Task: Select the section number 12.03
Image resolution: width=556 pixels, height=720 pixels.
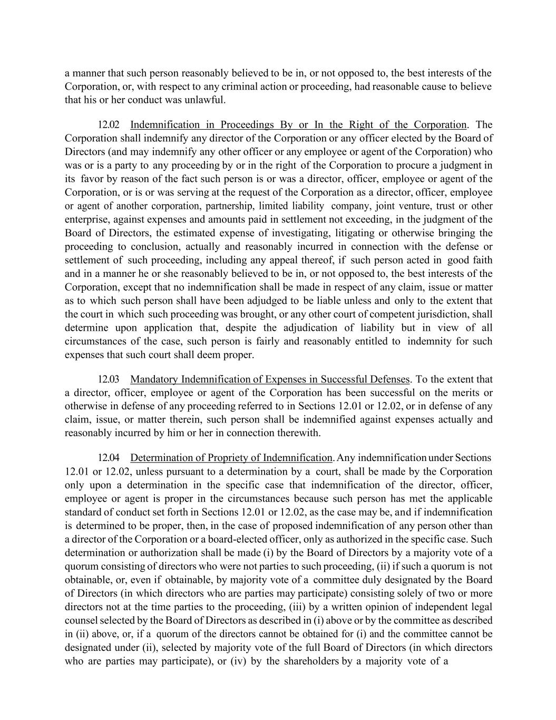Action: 109,379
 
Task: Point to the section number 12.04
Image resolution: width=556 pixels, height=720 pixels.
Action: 109,457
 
